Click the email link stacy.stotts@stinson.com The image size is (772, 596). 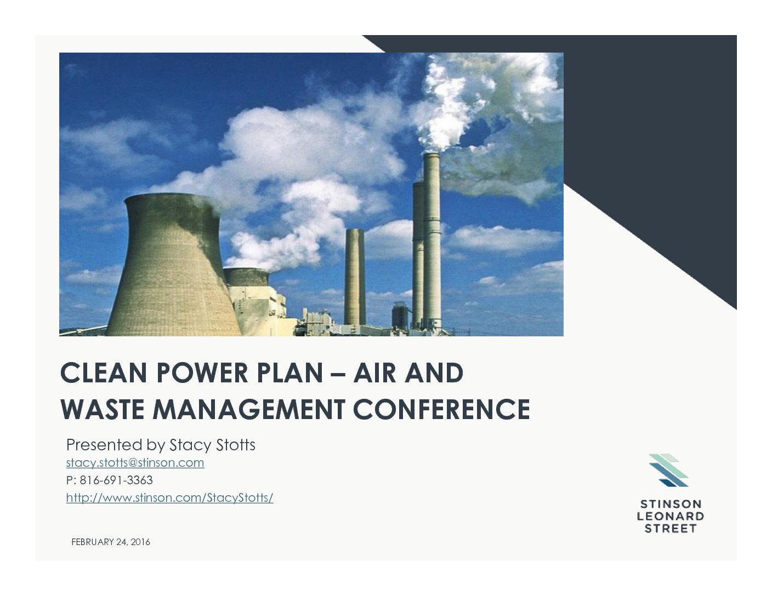click(x=135, y=462)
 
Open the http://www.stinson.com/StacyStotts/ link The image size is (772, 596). click(x=170, y=498)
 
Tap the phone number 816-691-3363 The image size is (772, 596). click(x=116, y=480)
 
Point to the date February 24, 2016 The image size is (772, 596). click(x=111, y=542)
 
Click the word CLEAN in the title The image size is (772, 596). click(x=104, y=373)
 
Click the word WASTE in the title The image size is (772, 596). click(x=103, y=409)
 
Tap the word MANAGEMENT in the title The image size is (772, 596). click(x=249, y=409)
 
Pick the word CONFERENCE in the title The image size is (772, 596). click(x=442, y=409)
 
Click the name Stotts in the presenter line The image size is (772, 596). click(x=236, y=445)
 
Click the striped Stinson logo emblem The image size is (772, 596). click(x=668, y=470)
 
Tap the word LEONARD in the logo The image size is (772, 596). click(x=671, y=516)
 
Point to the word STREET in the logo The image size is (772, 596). click(x=671, y=529)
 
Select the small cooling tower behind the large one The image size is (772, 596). click(x=246, y=277)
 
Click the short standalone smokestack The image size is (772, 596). click(x=355, y=277)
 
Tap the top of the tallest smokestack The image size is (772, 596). click(x=432, y=154)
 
